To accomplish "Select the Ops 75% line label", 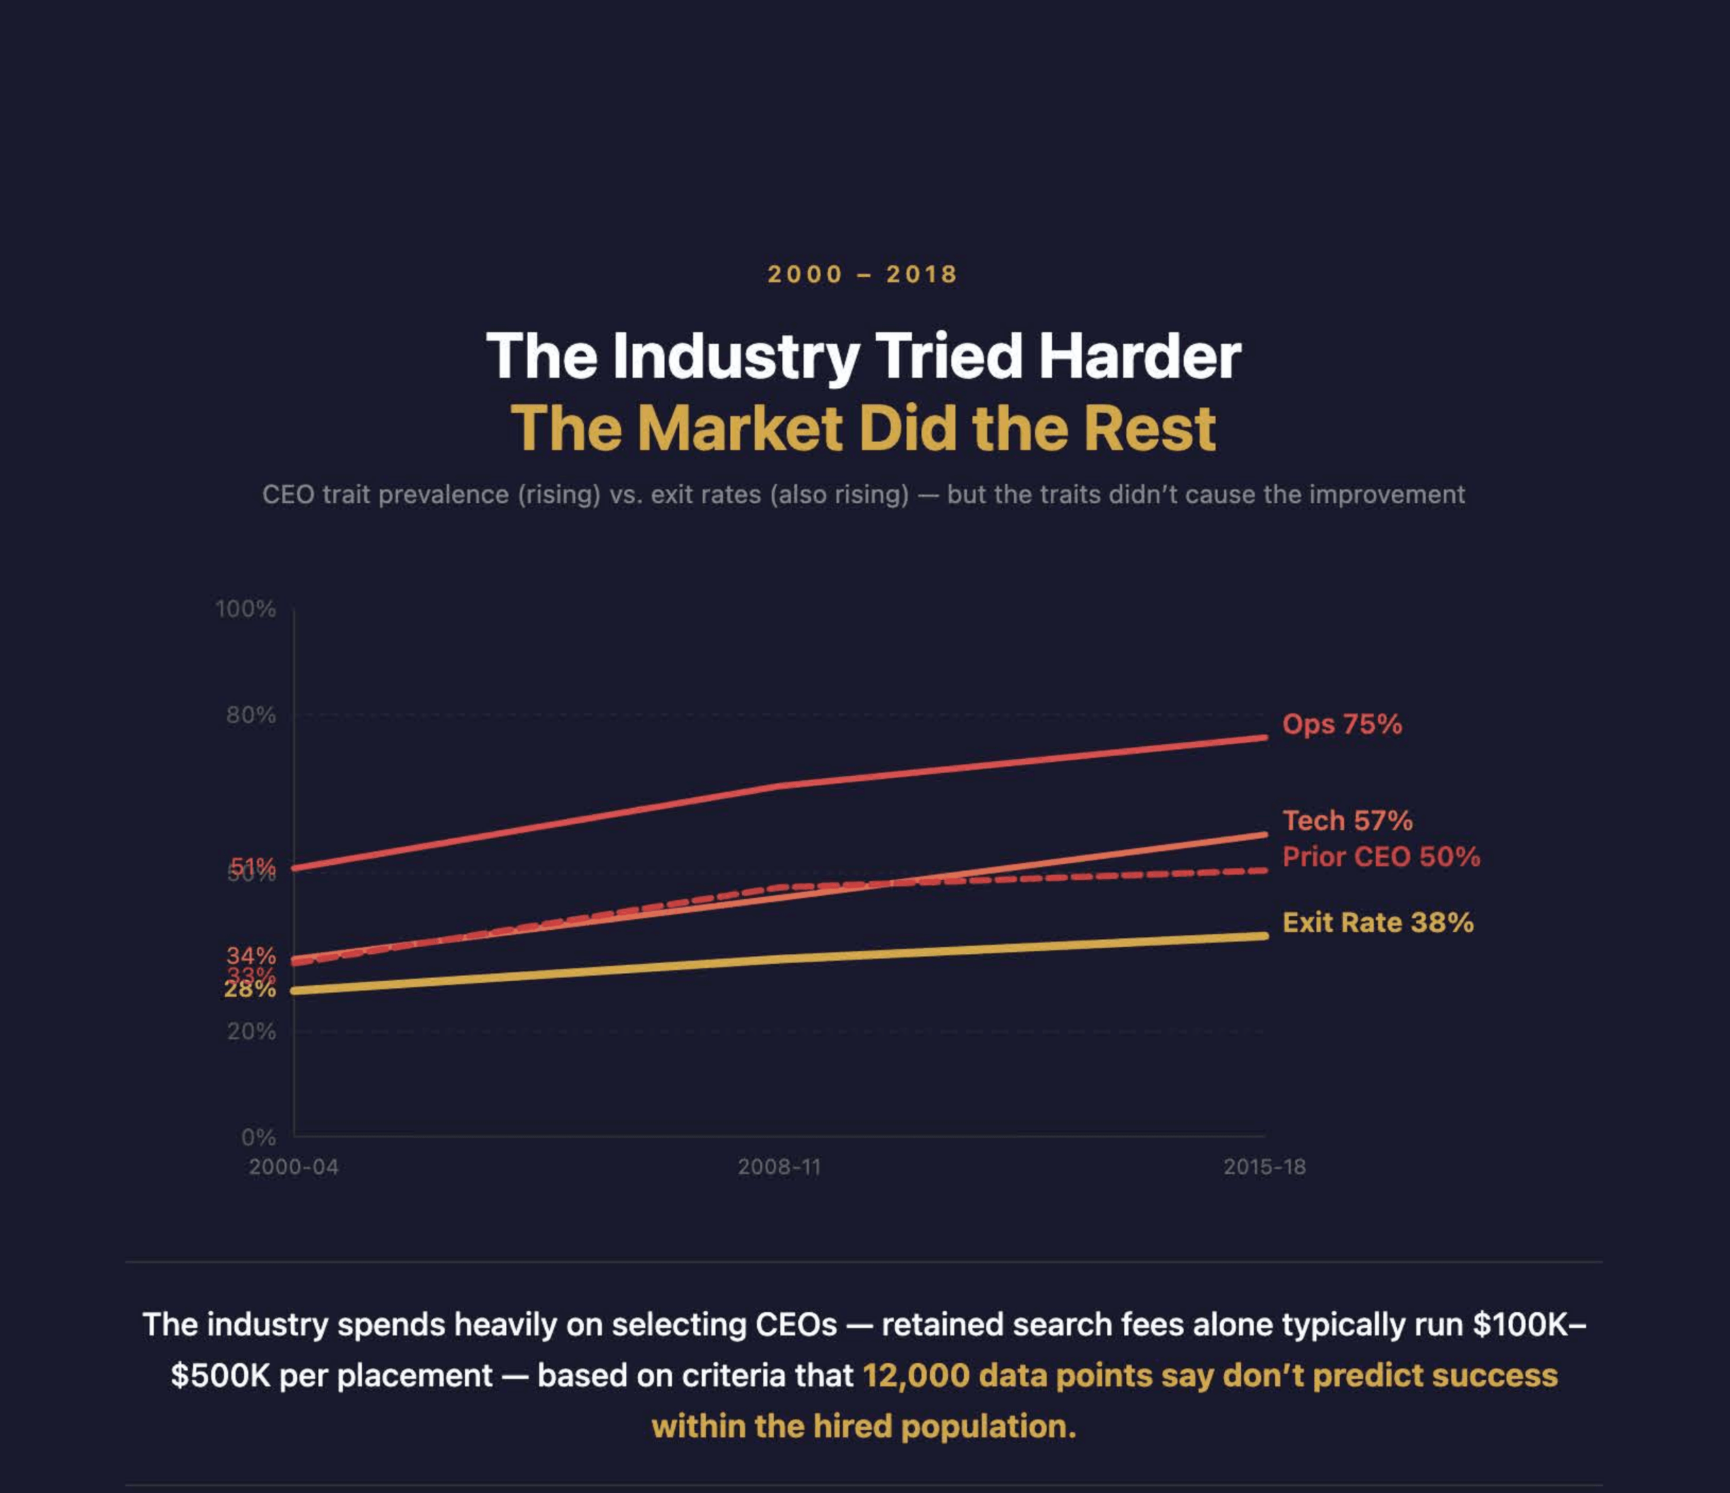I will (x=1342, y=724).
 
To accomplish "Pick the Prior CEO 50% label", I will (x=1381, y=856).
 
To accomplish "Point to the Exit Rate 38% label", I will (x=1378, y=923).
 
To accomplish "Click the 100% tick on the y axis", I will (x=246, y=609).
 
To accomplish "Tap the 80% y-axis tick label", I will (x=250, y=715).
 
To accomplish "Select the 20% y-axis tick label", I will (x=250, y=1032).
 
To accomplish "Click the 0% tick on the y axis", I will (x=258, y=1137).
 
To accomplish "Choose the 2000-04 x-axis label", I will (x=294, y=1167).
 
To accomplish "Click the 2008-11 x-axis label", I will (x=779, y=1167).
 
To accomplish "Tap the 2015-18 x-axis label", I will (x=1264, y=1167).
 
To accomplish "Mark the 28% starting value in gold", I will (x=250, y=989).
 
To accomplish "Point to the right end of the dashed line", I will (x=1264, y=871).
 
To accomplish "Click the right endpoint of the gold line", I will (x=1264, y=936).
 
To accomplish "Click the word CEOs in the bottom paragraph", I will (x=796, y=1324).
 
